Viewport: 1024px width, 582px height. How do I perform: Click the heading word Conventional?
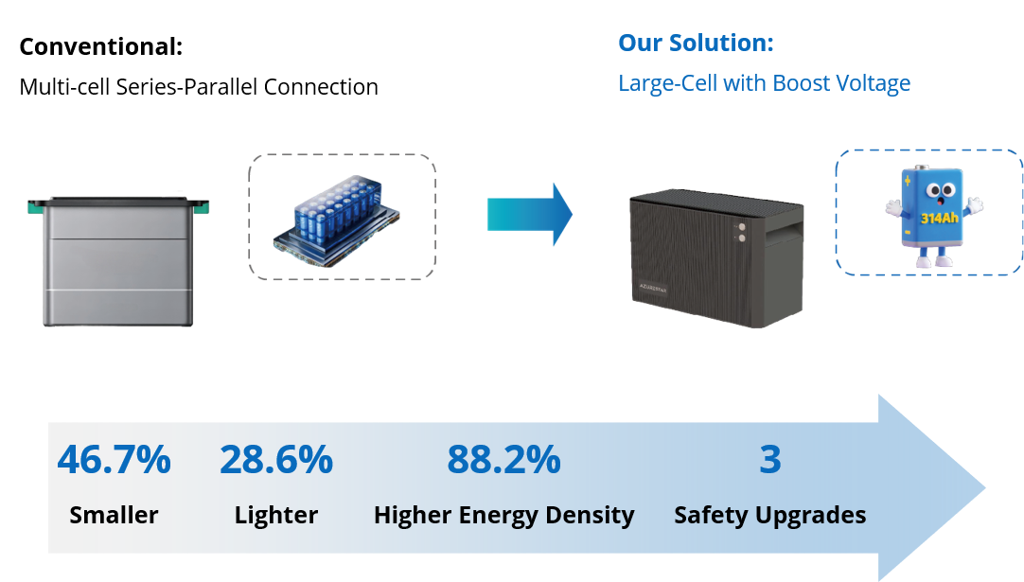coord(100,47)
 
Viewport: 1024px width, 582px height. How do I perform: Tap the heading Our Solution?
coord(696,44)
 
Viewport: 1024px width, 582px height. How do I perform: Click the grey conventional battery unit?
coord(118,261)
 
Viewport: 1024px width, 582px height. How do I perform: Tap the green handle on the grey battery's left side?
coord(35,207)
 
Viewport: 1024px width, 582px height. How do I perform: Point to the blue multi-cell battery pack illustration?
coord(336,220)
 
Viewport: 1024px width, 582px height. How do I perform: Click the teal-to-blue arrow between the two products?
coord(530,214)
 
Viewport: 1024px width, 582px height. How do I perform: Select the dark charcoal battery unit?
coord(716,258)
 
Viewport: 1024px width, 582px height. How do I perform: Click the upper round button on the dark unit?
coord(742,227)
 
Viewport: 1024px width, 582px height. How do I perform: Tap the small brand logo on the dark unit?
coord(652,288)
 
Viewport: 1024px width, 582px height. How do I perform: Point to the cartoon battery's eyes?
coord(940,190)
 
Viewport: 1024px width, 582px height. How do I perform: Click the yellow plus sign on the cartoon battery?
coord(907,181)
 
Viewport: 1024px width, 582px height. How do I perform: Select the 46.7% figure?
coord(115,459)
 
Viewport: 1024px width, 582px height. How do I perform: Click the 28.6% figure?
coord(276,459)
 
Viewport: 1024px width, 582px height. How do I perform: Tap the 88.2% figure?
coord(503,459)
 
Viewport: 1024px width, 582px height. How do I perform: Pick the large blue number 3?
coord(770,459)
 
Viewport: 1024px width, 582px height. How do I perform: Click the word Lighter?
coord(276,516)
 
